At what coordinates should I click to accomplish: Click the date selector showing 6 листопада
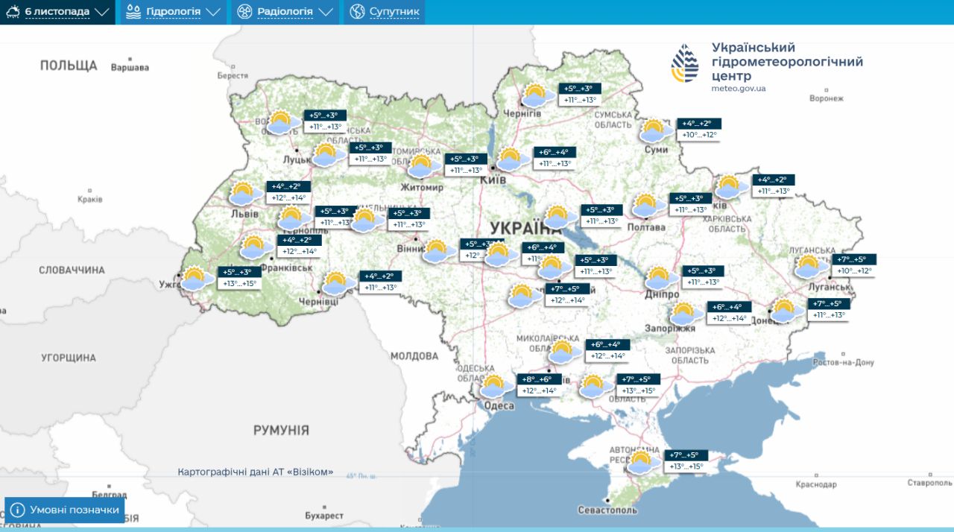pyautogui.click(x=58, y=12)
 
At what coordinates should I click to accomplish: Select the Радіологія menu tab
pyautogui.click(x=284, y=12)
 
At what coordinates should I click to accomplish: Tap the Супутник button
pyautogui.click(x=385, y=12)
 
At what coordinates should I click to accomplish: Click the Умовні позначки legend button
pyautogui.click(x=65, y=510)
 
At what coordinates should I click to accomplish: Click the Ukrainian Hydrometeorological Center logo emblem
pyautogui.click(x=686, y=63)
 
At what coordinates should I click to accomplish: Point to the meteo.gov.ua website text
pyautogui.click(x=738, y=88)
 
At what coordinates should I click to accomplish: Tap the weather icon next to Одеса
pyautogui.click(x=493, y=386)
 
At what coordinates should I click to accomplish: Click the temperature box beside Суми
pyautogui.click(x=701, y=130)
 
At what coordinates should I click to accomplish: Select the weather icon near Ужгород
pyautogui.click(x=195, y=278)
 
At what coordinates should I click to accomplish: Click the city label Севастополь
pyautogui.click(x=607, y=510)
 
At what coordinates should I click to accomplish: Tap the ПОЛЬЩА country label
pyautogui.click(x=69, y=66)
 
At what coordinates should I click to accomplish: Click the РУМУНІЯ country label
pyautogui.click(x=281, y=430)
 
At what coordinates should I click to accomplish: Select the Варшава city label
pyautogui.click(x=130, y=68)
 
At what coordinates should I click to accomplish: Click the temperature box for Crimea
pyautogui.click(x=686, y=461)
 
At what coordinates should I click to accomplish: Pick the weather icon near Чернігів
pyautogui.click(x=535, y=95)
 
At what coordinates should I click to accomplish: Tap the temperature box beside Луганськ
pyautogui.click(x=854, y=265)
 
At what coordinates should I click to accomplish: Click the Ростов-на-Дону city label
pyautogui.click(x=843, y=363)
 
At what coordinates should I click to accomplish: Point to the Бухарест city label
pyautogui.click(x=324, y=516)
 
